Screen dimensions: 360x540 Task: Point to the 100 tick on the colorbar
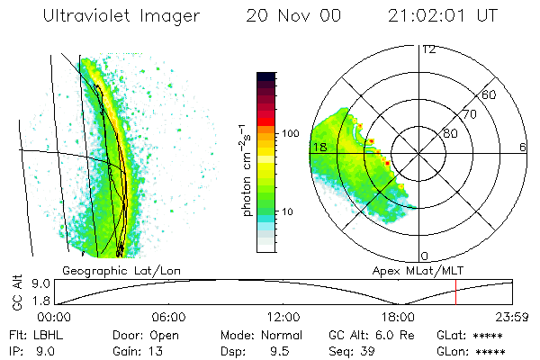[x=291, y=133]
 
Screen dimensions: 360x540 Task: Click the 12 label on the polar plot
[x=428, y=49]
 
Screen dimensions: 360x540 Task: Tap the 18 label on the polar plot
[x=318, y=147]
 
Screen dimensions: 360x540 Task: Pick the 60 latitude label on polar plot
[x=490, y=94]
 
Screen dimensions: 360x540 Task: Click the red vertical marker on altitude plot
[x=455, y=292]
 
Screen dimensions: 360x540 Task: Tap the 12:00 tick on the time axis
[x=283, y=317]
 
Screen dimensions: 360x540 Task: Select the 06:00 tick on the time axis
[x=169, y=317]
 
